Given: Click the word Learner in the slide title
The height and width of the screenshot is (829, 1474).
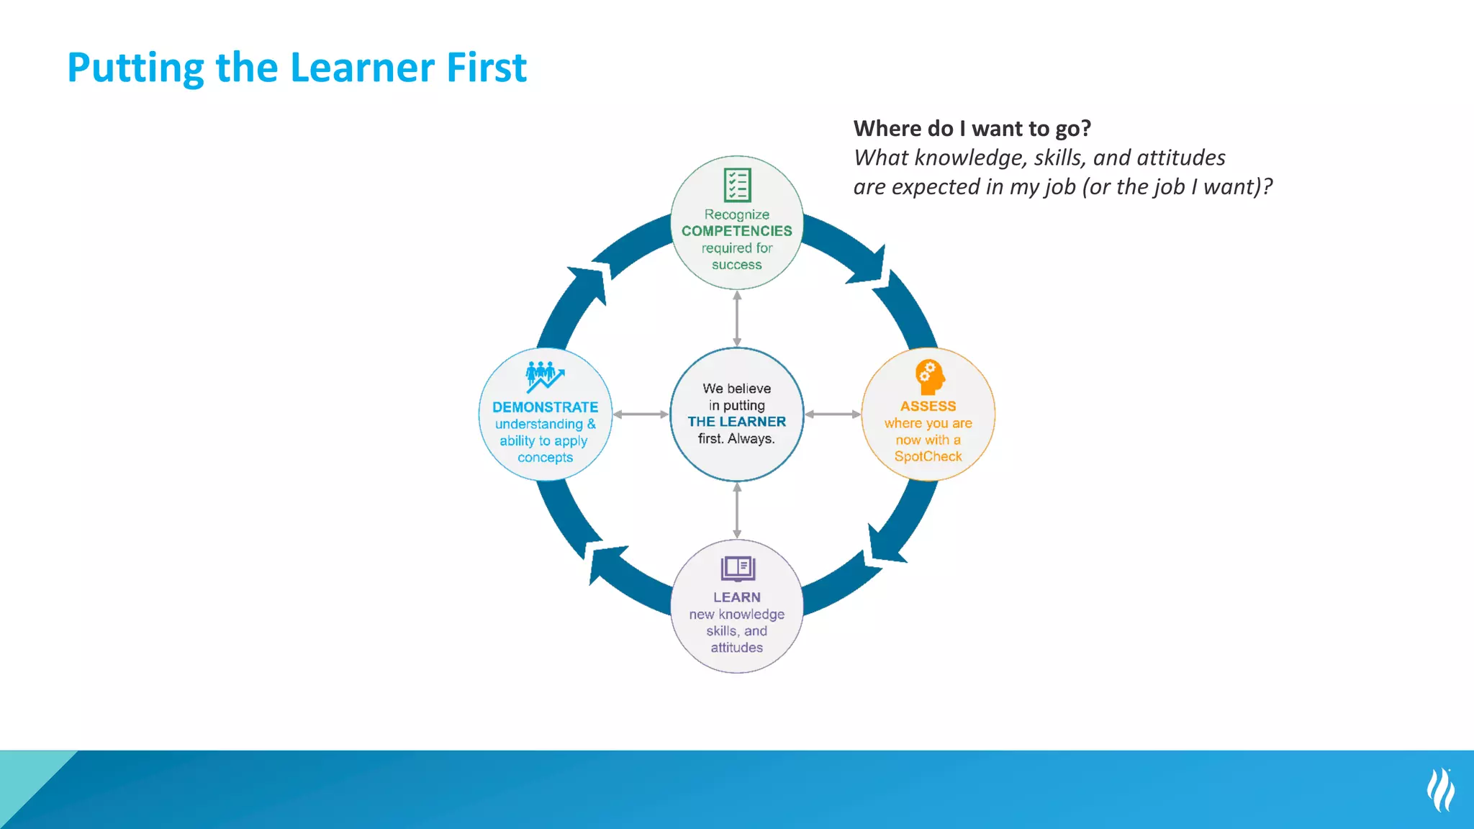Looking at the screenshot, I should [363, 68].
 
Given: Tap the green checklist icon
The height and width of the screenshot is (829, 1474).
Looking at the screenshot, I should [737, 185].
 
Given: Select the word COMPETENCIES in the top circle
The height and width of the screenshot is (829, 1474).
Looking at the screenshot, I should [736, 231].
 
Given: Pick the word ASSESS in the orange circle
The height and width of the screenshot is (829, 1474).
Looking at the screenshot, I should [928, 407].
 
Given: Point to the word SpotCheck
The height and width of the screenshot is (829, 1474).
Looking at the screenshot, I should [928, 456].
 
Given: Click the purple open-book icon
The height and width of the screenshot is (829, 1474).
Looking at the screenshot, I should [737, 568].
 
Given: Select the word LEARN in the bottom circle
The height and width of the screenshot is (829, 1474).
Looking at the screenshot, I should [736, 597].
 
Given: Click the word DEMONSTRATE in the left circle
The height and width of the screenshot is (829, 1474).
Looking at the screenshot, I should [545, 407].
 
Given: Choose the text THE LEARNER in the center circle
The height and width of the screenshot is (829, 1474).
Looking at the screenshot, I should [736, 422].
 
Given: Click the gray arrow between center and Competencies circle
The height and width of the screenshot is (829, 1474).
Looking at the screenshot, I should [737, 319].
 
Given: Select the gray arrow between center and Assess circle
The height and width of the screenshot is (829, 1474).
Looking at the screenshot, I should [833, 414].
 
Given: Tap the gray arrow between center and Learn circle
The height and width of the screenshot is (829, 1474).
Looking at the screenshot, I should [737, 510].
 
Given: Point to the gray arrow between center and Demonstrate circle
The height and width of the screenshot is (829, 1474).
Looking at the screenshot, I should [641, 414].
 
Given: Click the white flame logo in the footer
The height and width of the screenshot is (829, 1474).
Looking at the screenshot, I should [1440, 789].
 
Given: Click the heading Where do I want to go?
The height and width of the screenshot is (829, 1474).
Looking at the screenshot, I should [972, 129].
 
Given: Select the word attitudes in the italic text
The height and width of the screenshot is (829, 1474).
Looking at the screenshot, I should [1180, 158].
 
